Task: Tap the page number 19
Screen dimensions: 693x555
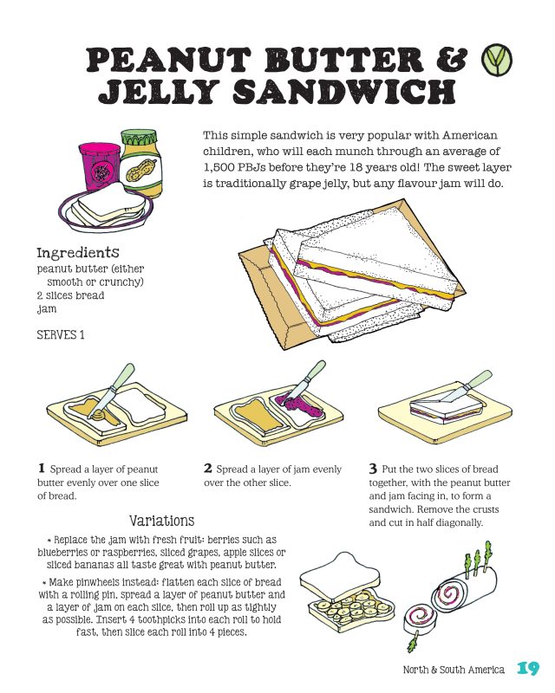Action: tap(527, 669)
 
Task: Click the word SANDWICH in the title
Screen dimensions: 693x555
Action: tap(356, 91)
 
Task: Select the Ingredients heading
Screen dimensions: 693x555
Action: tap(77, 253)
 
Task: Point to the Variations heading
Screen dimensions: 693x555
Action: tap(161, 521)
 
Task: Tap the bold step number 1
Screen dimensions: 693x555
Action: tap(41, 468)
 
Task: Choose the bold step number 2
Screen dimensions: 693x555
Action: tap(208, 468)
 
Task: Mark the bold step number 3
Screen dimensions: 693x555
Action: tap(374, 468)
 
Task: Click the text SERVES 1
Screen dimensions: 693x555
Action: tap(60, 334)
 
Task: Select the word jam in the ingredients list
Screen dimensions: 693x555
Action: tap(45, 308)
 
